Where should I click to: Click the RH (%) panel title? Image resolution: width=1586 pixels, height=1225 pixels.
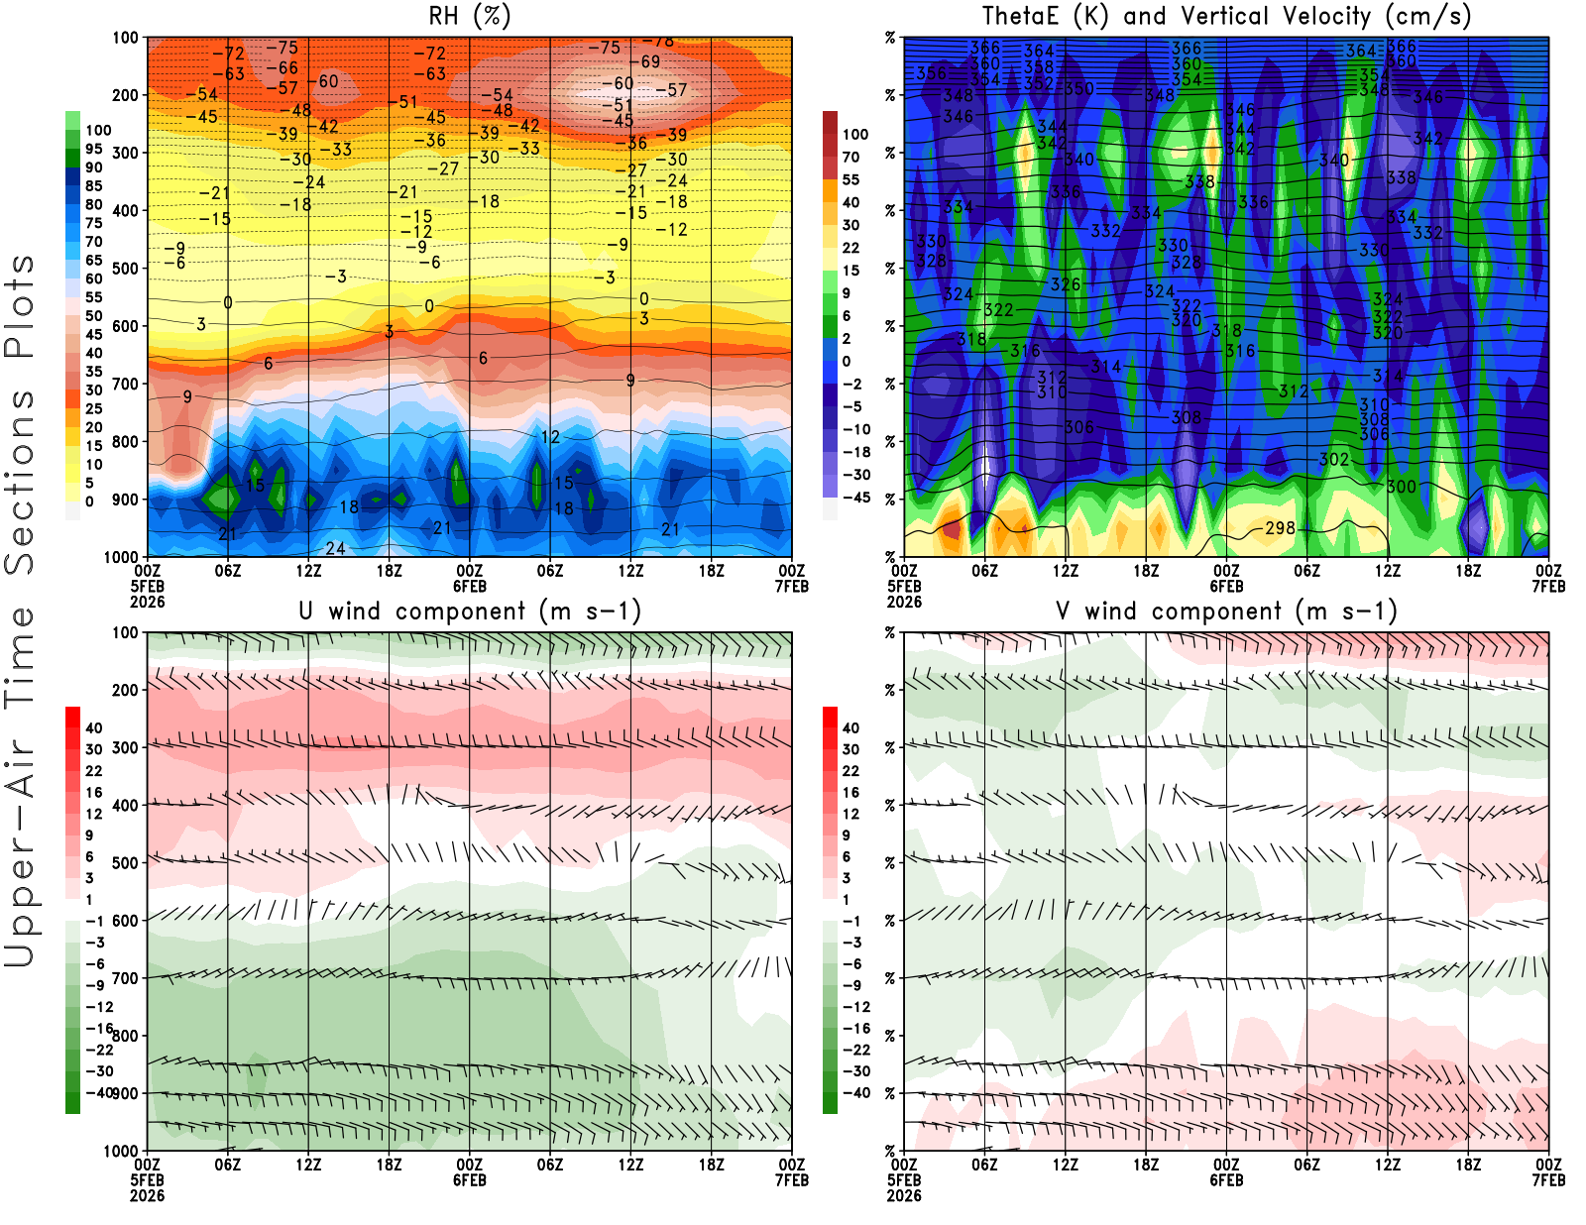click(x=469, y=17)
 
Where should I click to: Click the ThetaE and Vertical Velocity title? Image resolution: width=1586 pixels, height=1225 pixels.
click(x=1226, y=17)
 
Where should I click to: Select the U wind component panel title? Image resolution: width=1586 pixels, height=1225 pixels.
click(x=470, y=612)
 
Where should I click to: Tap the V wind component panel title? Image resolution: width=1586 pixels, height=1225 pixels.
click(x=1226, y=612)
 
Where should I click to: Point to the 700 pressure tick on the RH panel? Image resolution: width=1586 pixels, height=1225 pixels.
click(x=126, y=384)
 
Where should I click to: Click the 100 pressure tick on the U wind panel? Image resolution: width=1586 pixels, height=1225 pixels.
click(x=126, y=632)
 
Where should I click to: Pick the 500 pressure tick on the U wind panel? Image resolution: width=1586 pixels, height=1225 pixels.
click(x=126, y=862)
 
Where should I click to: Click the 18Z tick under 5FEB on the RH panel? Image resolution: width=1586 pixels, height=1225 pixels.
click(x=389, y=571)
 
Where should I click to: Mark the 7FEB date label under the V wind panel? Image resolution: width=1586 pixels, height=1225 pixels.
click(x=1548, y=1180)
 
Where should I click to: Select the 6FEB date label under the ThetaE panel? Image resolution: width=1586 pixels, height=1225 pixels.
click(x=1226, y=586)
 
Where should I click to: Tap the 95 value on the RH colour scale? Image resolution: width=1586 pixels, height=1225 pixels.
click(x=94, y=149)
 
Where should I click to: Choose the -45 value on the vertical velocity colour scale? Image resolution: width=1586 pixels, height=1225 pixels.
click(x=856, y=498)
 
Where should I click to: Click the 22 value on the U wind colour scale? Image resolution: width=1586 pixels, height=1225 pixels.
click(x=94, y=771)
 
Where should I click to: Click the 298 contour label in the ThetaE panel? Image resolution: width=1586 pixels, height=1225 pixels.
click(x=1280, y=528)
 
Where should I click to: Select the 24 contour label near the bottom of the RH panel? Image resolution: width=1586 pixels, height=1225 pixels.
click(x=335, y=548)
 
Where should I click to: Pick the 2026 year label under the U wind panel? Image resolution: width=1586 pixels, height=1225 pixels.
click(x=148, y=1195)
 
